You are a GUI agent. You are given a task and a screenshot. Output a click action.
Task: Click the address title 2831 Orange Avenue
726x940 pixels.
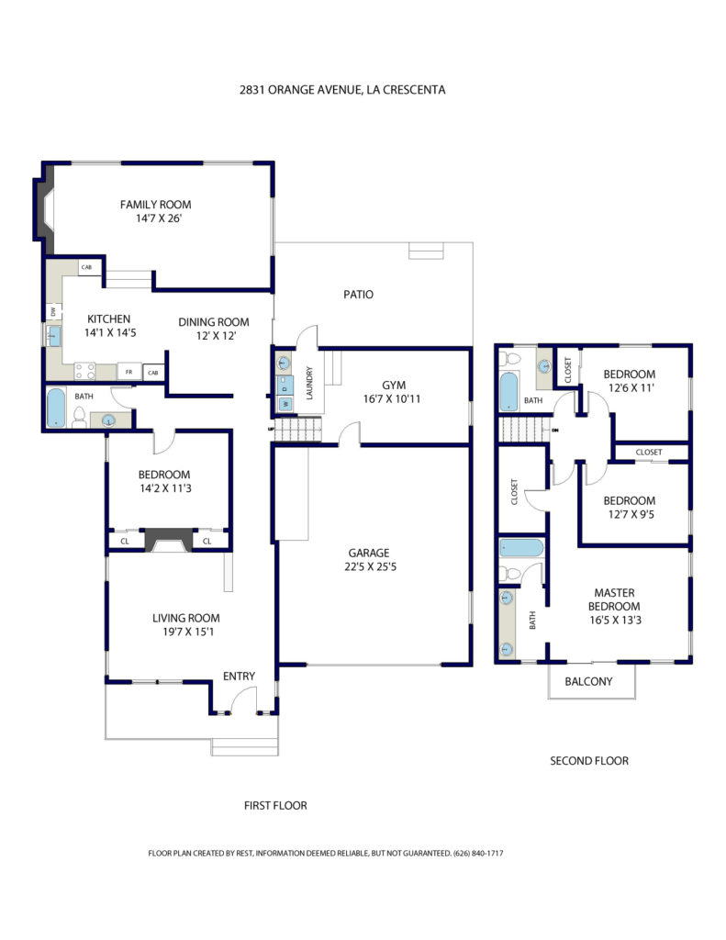pyautogui.click(x=341, y=90)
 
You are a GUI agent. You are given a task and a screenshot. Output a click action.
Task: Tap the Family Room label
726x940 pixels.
pyautogui.click(x=155, y=205)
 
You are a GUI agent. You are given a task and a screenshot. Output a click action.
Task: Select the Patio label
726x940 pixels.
pyautogui.click(x=358, y=295)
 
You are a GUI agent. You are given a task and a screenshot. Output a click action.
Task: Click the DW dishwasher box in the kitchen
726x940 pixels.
pyautogui.click(x=54, y=312)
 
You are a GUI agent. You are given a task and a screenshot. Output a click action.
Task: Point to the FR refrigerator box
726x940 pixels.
pyautogui.click(x=128, y=372)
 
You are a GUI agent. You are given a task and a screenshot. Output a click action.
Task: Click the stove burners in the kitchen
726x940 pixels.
pyautogui.click(x=84, y=371)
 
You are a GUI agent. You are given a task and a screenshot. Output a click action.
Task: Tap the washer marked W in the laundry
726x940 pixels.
pyautogui.click(x=285, y=404)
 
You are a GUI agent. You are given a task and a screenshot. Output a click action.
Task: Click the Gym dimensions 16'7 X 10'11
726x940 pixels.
pyautogui.click(x=392, y=398)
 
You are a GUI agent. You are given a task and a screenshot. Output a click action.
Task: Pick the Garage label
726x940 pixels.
pyautogui.click(x=369, y=553)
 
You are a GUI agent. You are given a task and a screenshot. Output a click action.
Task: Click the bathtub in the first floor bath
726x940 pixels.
pyautogui.click(x=56, y=408)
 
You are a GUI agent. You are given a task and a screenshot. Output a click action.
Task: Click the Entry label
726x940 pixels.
pyautogui.click(x=239, y=677)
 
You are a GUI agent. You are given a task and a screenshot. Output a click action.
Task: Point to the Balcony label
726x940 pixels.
pyautogui.click(x=588, y=682)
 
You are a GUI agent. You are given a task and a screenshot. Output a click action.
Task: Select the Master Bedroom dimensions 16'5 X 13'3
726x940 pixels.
pyautogui.click(x=615, y=621)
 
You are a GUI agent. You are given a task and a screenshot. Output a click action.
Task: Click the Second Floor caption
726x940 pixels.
pyautogui.click(x=589, y=761)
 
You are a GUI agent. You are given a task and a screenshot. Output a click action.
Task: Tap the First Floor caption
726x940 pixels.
pyautogui.click(x=275, y=806)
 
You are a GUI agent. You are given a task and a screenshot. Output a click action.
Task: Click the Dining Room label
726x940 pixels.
pyautogui.click(x=214, y=322)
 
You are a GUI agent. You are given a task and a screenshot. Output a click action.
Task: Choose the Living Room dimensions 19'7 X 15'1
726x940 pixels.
pyautogui.click(x=187, y=632)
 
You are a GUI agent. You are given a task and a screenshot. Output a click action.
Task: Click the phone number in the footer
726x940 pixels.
pyautogui.click(x=478, y=853)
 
